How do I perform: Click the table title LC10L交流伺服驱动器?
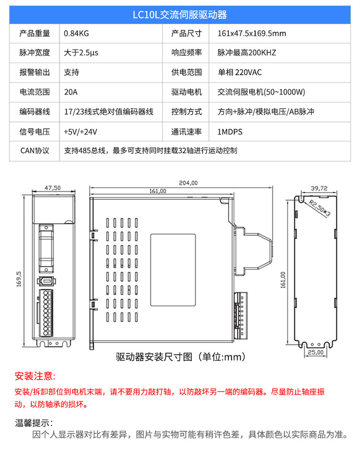180,15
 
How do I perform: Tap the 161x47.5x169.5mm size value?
252,34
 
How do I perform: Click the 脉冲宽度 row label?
35,53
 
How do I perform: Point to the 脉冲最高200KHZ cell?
247,53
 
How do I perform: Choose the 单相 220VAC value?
240,73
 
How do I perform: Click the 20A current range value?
71,92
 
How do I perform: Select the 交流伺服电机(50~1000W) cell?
262,92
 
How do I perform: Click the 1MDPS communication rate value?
229,131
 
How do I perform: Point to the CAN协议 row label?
35,150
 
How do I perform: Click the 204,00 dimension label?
188,183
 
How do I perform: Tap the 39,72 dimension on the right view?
319,188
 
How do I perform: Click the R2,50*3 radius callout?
320,209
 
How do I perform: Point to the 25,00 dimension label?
316,352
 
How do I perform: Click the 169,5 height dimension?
20,279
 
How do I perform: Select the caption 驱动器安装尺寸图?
154,357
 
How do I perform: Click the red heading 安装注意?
35,375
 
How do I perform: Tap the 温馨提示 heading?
34,423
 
